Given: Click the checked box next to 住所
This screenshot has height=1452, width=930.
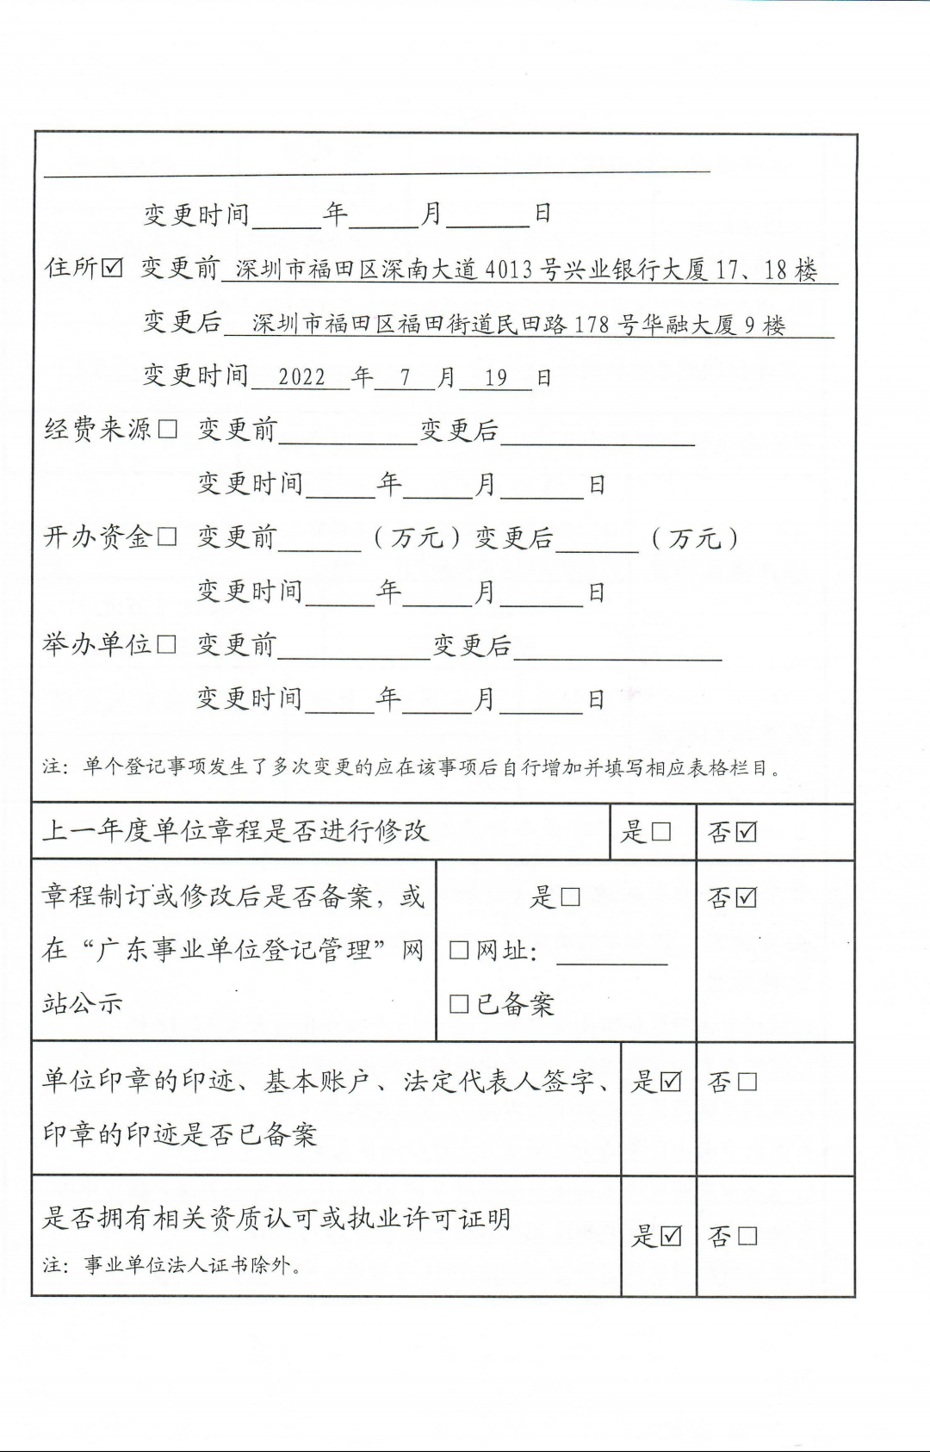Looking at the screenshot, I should (x=112, y=268).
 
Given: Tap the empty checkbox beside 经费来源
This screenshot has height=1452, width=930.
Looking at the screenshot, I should (x=168, y=429).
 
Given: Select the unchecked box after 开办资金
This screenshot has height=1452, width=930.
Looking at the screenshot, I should (x=167, y=537).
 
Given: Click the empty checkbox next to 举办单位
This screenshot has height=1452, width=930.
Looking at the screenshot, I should (x=167, y=644).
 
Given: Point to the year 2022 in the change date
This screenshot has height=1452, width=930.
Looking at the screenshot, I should (x=301, y=377).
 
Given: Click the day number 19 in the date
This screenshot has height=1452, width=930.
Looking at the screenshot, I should (x=496, y=377).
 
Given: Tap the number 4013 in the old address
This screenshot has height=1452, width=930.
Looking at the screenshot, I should (x=508, y=270).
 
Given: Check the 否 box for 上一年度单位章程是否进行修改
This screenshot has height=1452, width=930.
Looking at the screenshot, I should (x=747, y=832).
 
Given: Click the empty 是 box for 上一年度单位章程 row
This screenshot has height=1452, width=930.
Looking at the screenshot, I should (x=661, y=832).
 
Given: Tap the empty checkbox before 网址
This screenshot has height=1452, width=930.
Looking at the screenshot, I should (x=459, y=951).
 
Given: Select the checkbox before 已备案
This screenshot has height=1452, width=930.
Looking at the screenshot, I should (x=459, y=1004).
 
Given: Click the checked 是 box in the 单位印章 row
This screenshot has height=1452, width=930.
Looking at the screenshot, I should (x=671, y=1082).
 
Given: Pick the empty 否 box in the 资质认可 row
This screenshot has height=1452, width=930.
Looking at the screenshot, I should (x=747, y=1237).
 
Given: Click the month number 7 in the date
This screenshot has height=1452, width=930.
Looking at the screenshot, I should (x=405, y=377).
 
